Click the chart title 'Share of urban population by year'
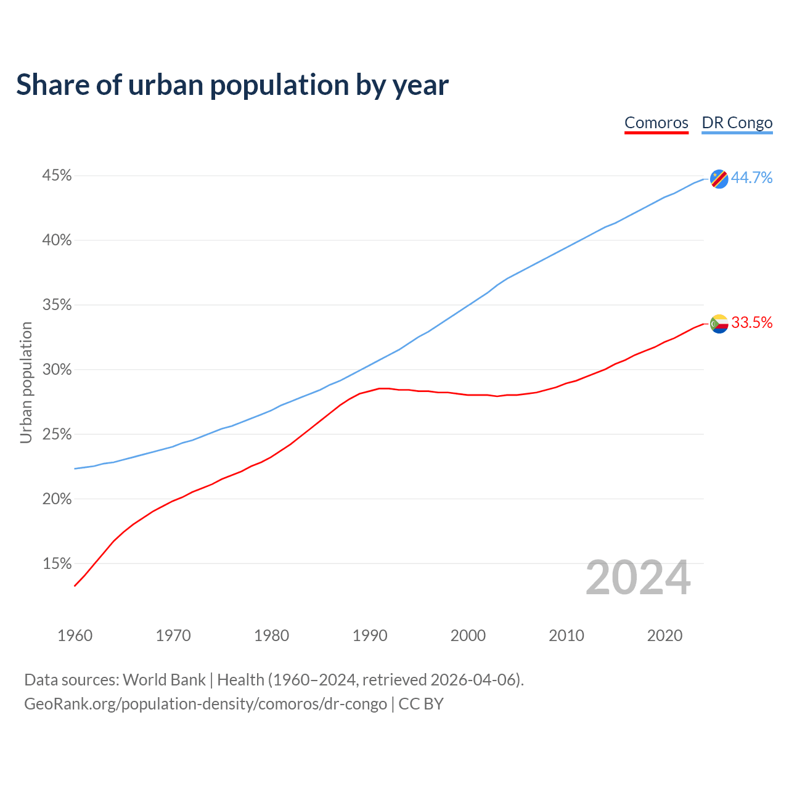232,85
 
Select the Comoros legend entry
656,123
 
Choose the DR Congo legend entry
737,123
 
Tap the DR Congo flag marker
719,179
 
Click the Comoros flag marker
719,324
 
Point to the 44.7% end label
751,178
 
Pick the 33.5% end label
751,323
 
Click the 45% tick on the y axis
57,176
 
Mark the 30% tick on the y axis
57,370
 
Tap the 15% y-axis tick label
57,564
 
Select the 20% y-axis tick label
57,499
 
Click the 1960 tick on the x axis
75,636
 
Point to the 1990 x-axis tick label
370,636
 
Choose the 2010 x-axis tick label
566,636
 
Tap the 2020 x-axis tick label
664,636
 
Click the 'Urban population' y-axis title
26,382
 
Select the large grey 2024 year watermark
638,578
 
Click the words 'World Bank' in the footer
164,680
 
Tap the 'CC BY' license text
421,704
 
